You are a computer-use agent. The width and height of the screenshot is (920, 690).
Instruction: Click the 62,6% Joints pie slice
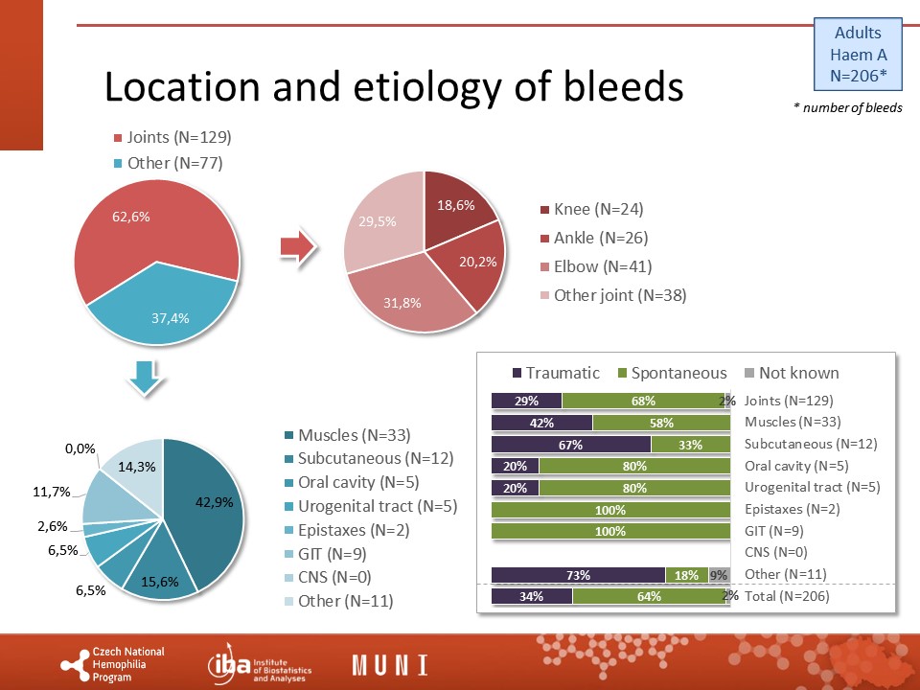[141, 235]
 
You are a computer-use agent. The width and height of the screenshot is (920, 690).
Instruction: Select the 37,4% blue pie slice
[167, 308]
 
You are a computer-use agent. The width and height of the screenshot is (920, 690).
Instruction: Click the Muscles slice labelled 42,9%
[208, 505]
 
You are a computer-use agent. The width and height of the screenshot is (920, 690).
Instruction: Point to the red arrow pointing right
[299, 247]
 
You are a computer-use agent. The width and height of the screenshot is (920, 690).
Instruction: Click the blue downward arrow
[145, 378]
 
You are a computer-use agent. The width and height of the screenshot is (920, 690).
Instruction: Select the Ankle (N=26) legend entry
[594, 238]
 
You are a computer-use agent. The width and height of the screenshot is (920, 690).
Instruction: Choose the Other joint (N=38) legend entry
[613, 294]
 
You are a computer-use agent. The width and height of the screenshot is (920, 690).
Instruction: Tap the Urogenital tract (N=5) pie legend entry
[370, 506]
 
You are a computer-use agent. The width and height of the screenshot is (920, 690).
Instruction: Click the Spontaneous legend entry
[673, 373]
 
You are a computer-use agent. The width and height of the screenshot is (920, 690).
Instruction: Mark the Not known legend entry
[792, 373]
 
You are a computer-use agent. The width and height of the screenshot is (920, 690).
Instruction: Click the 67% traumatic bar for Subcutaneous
[571, 444]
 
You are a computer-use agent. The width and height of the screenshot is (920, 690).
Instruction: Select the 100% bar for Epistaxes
[610, 510]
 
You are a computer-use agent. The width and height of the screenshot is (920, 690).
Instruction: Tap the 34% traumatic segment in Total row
[532, 596]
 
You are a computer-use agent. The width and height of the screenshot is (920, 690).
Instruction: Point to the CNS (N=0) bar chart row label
[775, 552]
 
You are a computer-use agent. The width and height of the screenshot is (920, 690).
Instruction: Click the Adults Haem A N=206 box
[858, 54]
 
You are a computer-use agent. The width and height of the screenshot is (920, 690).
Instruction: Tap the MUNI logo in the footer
[390, 665]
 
